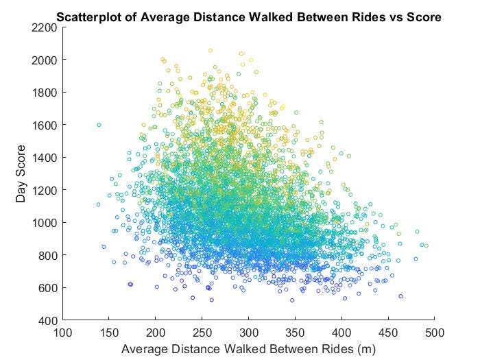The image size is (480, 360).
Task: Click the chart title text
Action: click(x=248, y=16)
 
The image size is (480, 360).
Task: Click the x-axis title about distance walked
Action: click(x=248, y=349)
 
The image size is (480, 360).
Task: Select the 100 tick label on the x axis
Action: click(x=63, y=333)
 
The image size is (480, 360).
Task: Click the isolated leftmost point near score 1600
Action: click(x=99, y=125)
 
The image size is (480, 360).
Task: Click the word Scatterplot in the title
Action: click(x=86, y=16)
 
